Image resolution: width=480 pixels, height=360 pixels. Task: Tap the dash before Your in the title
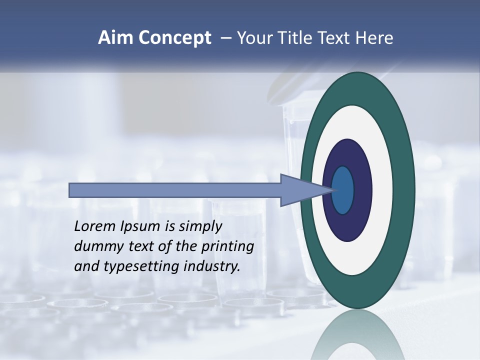coord(225,38)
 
